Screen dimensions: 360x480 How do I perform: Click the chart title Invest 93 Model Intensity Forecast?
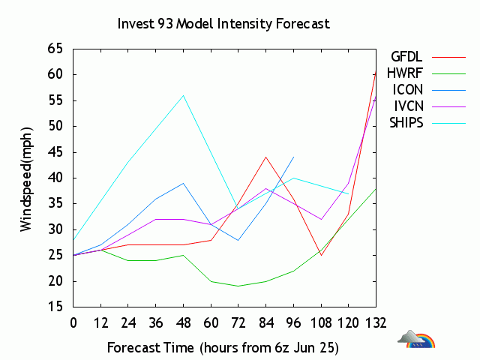[x=223, y=23]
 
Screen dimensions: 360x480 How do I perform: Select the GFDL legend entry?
[x=406, y=56]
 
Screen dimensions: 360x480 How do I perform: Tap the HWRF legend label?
[x=406, y=73]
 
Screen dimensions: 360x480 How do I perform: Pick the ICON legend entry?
[x=407, y=89]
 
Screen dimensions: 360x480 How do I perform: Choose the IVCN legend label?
[x=407, y=106]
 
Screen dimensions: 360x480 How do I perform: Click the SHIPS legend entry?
[x=406, y=122]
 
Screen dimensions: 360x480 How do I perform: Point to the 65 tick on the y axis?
[x=55, y=49]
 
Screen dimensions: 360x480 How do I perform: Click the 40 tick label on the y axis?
[x=55, y=178]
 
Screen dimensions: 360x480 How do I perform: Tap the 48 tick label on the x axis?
[x=183, y=323]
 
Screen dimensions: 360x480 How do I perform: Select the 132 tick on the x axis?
[x=376, y=323]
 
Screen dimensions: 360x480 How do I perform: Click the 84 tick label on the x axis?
[x=265, y=323]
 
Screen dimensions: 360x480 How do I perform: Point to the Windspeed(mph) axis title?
[x=27, y=178]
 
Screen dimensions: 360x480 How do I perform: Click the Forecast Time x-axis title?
[x=223, y=348]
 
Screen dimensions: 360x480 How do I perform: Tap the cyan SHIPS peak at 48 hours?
[x=183, y=95]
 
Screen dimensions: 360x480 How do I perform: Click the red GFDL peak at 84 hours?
[x=265, y=157]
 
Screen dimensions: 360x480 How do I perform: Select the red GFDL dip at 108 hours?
[x=321, y=255]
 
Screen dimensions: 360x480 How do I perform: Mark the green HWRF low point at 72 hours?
[x=238, y=286]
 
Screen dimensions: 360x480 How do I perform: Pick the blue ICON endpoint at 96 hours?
[x=293, y=157]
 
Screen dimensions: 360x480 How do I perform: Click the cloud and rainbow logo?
[x=417, y=340]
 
